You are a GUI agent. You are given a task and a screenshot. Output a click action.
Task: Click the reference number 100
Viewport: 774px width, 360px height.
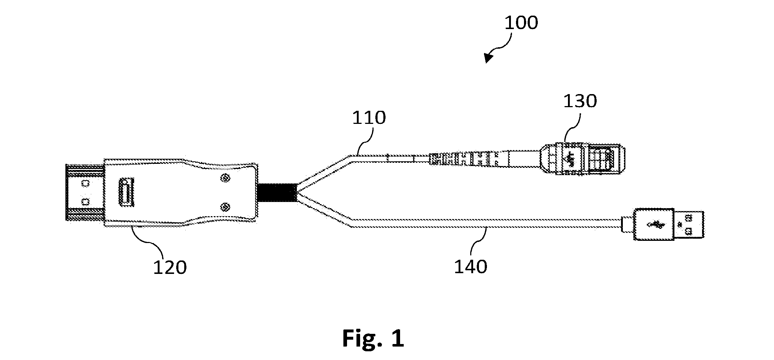[x=521, y=23]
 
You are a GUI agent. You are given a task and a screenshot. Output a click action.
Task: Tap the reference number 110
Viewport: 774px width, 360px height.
[x=369, y=118]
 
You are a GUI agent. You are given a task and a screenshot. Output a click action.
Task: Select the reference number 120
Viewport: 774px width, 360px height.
[x=170, y=268]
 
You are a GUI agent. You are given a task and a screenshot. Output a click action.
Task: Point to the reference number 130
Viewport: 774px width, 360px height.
[x=580, y=101]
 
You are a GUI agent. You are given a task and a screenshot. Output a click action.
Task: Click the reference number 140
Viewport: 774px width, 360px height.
[x=471, y=267]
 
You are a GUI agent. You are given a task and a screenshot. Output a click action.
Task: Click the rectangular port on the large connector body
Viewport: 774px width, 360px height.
[x=126, y=193]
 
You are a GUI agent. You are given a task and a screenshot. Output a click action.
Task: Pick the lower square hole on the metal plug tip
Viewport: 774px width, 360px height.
[x=85, y=201]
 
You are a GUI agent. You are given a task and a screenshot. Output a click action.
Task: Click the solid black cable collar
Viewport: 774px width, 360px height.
[x=276, y=193]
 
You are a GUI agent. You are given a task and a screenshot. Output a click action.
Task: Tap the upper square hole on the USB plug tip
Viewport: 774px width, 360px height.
[x=688, y=218]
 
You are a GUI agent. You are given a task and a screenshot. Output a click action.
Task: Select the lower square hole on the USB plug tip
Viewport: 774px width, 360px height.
[x=688, y=231]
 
